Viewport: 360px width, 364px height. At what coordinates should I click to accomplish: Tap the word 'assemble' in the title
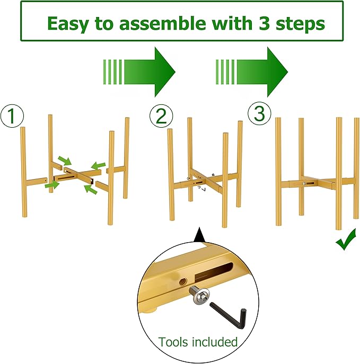click(162, 23)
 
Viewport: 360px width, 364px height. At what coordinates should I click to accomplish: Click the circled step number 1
click(12, 116)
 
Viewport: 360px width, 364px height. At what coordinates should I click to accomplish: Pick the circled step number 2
click(161, 116)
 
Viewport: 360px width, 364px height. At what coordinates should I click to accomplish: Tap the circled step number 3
click(259, 113)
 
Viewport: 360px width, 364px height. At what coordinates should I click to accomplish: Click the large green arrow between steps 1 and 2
click(139, 72)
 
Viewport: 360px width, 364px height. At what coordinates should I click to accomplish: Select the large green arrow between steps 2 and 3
click(252, 72)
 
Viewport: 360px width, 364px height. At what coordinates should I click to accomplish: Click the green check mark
click(345, 240)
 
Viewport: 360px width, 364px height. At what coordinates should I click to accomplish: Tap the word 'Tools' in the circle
click(173, 342)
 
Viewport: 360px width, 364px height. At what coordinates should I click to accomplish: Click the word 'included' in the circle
click(215, 342)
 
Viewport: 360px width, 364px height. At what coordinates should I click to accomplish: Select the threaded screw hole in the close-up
click(182, 282)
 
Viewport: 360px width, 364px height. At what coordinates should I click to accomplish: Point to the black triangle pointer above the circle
click(199, 235)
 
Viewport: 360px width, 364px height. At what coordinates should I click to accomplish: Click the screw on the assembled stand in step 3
click(304, 184)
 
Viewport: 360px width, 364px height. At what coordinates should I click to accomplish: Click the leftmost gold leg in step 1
click(24, 172)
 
